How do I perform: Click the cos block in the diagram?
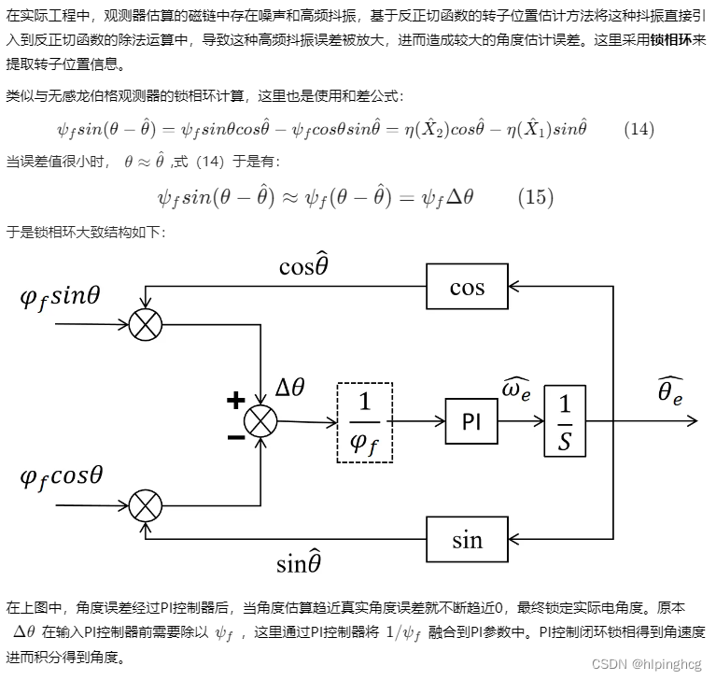click(467, 287)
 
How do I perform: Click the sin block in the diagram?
click(467, 539)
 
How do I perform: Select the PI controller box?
click(471, 420)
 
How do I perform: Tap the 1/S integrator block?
click(565, 421)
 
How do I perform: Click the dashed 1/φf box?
click(364, 422)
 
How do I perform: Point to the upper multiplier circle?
click(145, 324)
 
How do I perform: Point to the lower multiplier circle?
click(145, 506)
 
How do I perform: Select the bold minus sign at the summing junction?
click(235, 436)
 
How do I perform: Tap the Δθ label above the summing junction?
click(290, 389)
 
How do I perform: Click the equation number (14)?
click(638, 129)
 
